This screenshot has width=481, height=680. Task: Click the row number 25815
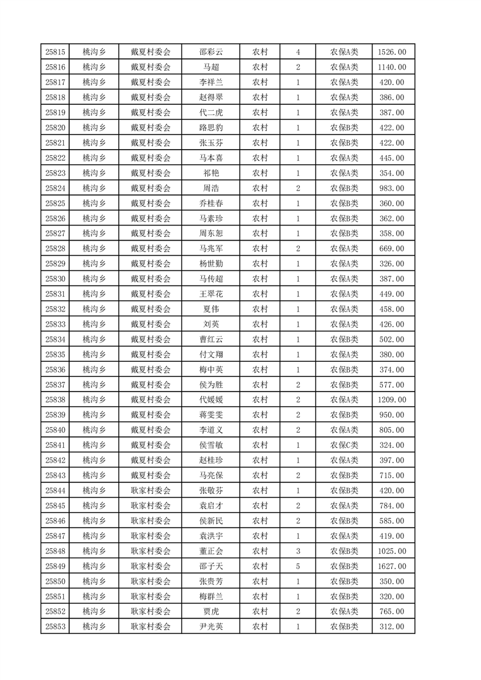[55, 52]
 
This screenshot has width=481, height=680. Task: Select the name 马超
[210, 67]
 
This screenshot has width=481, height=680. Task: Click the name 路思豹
[210, 128]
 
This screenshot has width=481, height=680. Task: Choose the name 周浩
[210, 188]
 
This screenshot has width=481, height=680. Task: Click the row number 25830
[55, 279]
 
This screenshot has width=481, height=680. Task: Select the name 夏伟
[210, 309]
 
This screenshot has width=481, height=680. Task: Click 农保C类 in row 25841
[344, 445]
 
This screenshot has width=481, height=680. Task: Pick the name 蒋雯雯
[210, 415]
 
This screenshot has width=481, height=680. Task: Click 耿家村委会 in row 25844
[151, 490]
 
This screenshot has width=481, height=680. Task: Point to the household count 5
[298, 566]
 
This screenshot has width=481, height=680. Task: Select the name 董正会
[210, 551]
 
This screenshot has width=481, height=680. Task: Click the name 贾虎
[210, 612]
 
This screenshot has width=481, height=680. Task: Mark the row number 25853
[55, 627]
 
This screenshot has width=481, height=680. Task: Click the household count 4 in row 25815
[298, 52]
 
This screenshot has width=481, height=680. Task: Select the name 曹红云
[210, 339]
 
